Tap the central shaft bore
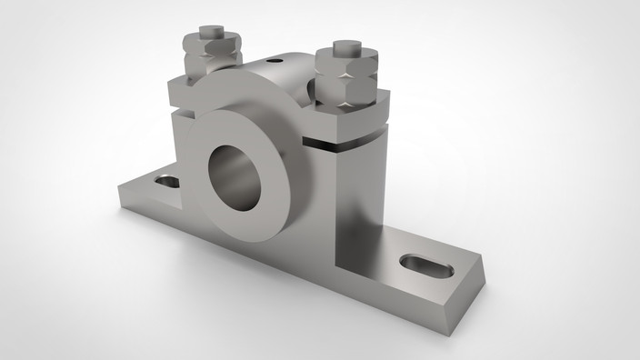tap(235, 173)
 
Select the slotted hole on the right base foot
tap(425, 264)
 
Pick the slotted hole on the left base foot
tap(166, 181)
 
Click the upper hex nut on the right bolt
tap(346, 63)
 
